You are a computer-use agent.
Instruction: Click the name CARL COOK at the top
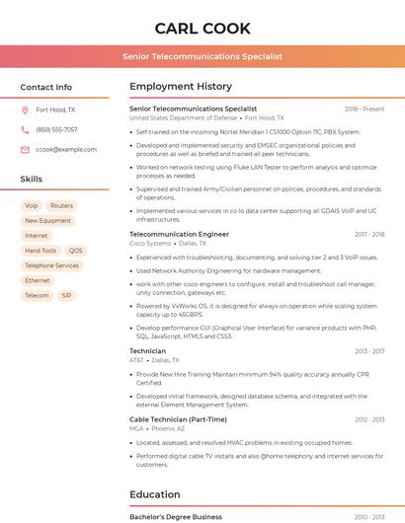point(202,28)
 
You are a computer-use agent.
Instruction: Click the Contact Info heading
point(46,87)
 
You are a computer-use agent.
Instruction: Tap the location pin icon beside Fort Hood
point(26,110)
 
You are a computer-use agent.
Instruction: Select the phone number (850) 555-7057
point(56,129)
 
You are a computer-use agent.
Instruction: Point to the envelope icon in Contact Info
point(26,149)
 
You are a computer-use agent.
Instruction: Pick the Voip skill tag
point(32,206)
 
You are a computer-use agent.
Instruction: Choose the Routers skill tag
point(61,206)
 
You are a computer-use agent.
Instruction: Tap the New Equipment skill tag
point(47,221)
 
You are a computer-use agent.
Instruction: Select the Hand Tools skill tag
point(40,251)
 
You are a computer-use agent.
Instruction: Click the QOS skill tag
point(76,251)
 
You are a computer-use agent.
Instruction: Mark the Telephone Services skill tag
point(51,265)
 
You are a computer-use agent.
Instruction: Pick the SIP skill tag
point(66,295)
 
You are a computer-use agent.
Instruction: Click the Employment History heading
point(181,87)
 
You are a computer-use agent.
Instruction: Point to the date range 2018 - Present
point(364,109)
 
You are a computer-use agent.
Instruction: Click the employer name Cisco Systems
point(150,243)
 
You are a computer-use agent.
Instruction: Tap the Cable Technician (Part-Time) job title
point(178,419)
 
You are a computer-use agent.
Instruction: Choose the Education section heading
point(154,494)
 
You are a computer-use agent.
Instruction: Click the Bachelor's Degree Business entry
point(176,516)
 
